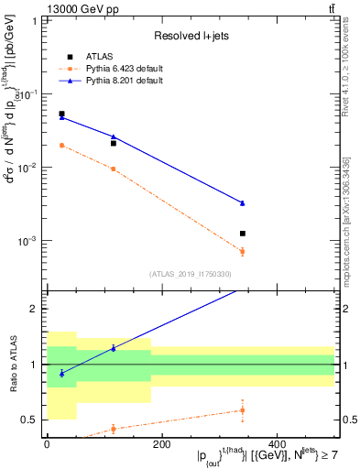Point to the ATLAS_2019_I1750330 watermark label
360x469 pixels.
tap(191, 273)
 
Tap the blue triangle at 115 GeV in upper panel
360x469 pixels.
tap(113, 136)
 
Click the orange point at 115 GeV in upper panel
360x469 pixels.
tap(113, 169)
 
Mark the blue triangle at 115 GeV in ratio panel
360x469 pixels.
tap(113, 348)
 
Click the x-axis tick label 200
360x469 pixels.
tap(161, 444)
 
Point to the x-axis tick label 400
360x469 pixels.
tap(276, 444)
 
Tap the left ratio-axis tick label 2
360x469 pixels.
tap(36, 309)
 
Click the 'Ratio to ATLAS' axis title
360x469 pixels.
tap(13, 365)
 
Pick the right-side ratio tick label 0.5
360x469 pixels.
tap(348, 420)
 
